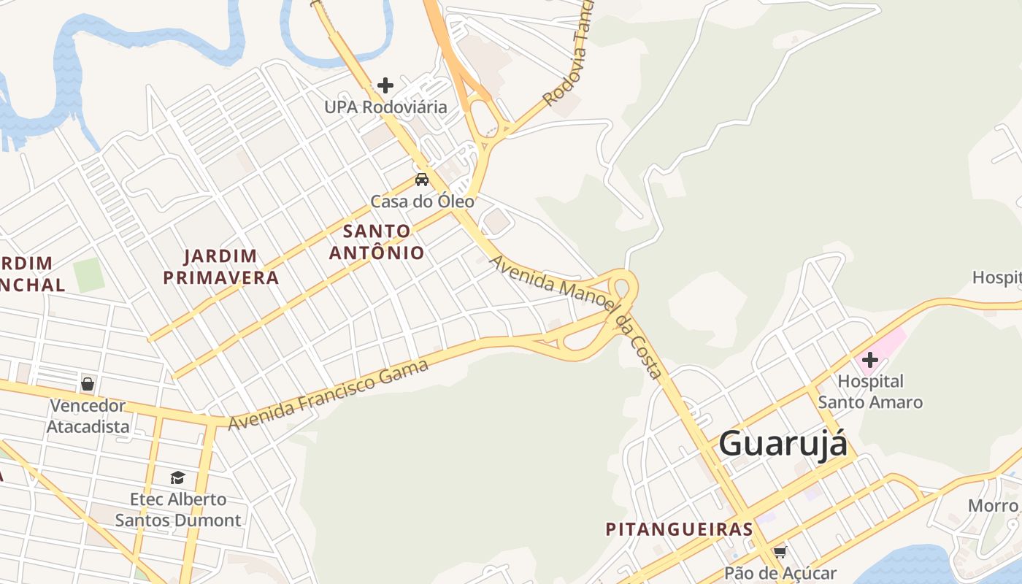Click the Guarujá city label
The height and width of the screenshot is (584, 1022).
coord(783,443)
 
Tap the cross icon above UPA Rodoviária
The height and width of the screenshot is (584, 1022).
coord(385,85)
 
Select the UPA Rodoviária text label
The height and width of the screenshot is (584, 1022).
coord(385,107)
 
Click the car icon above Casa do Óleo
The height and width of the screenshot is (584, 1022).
coord(422,180)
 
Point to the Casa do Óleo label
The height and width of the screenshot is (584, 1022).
coord(423,201)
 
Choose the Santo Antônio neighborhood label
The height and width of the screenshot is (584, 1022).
coord(377,242)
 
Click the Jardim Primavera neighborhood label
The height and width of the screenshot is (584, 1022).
coord(220,266)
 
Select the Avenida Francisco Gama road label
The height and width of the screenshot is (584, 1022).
coord(328,395)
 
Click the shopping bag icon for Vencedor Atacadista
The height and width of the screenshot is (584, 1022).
coord(88,384)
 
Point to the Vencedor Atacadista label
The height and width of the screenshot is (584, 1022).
coord(88,415)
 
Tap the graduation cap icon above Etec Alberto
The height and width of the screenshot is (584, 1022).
coord(177,478)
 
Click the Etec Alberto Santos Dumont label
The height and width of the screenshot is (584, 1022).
coord(178,510)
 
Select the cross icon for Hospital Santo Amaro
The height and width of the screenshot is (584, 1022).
coord(869,359)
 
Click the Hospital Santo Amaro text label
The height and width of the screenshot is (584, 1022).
coord(870,391)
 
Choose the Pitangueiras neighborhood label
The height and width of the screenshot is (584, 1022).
coord(679,529)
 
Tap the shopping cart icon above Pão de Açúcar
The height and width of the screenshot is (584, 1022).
coord(780,552)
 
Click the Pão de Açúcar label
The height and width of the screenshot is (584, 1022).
coord(780,574)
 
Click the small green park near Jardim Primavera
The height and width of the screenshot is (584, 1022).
coord(89,275)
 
